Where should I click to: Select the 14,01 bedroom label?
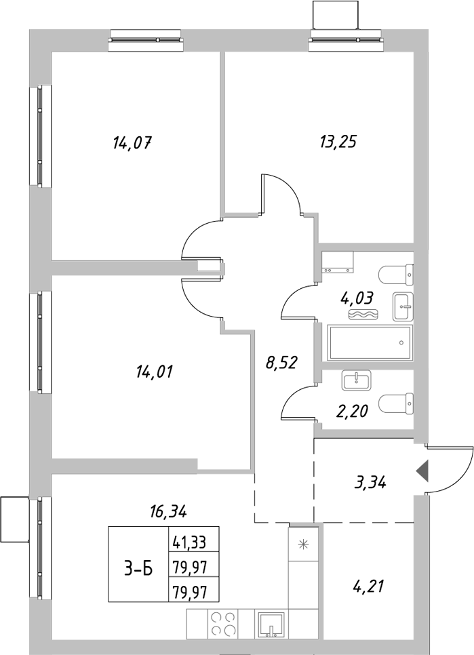[x=155, y=372]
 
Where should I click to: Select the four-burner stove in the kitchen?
[x=223, y=624]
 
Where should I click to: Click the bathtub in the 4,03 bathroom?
[x=370, y=342]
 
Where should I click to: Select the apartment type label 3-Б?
[x=138, y=570]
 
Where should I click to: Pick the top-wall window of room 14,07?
[x=146, y=40]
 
